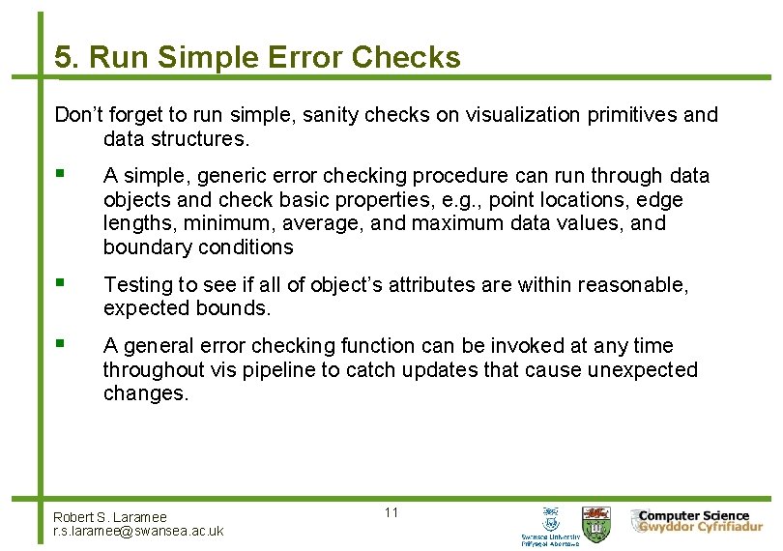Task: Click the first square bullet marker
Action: [60, 175]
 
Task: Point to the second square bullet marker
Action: [60, 284]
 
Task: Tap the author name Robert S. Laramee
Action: [110, 517]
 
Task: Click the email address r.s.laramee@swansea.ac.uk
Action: [138, 531]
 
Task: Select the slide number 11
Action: [391, 512]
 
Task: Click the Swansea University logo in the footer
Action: [551, 525]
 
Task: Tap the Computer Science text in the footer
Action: [693, 515]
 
